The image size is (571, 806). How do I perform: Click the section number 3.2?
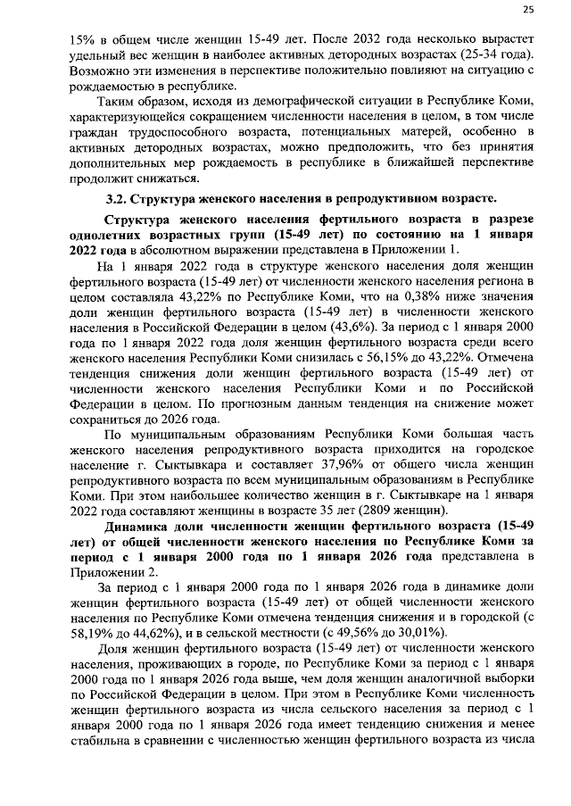click(118, 197)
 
